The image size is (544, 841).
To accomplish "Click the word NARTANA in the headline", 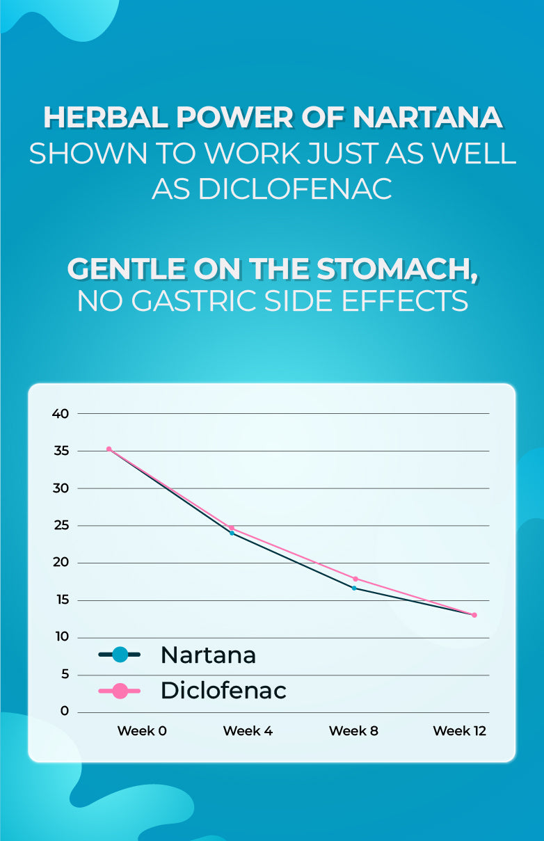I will [427, 118].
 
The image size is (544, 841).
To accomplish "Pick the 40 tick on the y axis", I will [61, 414].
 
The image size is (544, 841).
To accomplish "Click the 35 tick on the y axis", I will [61, 451].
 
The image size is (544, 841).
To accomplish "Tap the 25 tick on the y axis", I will [61, 526].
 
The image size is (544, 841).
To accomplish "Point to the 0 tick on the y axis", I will [64, 712].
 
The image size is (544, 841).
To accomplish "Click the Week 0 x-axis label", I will [142, 731].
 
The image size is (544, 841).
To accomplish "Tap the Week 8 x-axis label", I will [353, 731].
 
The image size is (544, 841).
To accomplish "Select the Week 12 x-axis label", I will [459, 731].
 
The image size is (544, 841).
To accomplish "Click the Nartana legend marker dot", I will [120, 655].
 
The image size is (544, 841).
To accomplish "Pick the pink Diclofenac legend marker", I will [120, 691].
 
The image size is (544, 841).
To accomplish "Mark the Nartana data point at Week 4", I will [232, 533].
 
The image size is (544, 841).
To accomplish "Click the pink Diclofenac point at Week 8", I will [355, 579].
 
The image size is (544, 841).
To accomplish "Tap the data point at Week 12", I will [474, 615].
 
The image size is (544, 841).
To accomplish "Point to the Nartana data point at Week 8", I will [354, 588].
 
